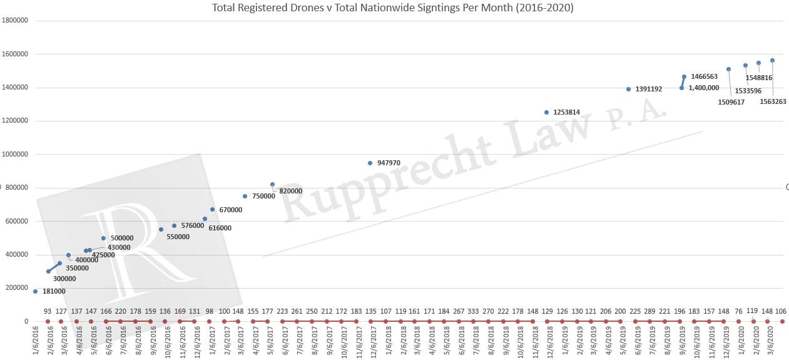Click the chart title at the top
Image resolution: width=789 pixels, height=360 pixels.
[x=393, y=8]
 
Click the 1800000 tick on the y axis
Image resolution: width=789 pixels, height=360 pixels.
[x=15, y=21]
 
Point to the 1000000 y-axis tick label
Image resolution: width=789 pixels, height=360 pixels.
[x=15, y=154]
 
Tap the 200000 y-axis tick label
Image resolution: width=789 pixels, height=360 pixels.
[x=17, y=288]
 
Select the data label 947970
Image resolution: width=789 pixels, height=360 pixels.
[x=389, y=163]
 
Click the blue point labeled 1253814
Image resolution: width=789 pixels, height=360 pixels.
[x=546, y=112]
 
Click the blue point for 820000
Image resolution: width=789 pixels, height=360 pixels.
[x=272, y=184]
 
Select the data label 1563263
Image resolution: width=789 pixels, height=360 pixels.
[x=773, y=101]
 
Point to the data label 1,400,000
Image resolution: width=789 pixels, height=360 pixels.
[x=703, y=88]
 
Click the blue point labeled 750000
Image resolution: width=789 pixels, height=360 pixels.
[x=245, y=196]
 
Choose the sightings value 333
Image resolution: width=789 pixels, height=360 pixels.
[x=473, y=311]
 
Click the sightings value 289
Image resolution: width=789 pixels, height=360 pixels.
[x=649, y=311]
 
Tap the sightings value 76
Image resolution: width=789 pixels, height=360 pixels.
[x=738, y=311]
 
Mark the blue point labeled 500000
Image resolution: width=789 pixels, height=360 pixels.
[x=104, y=238]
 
